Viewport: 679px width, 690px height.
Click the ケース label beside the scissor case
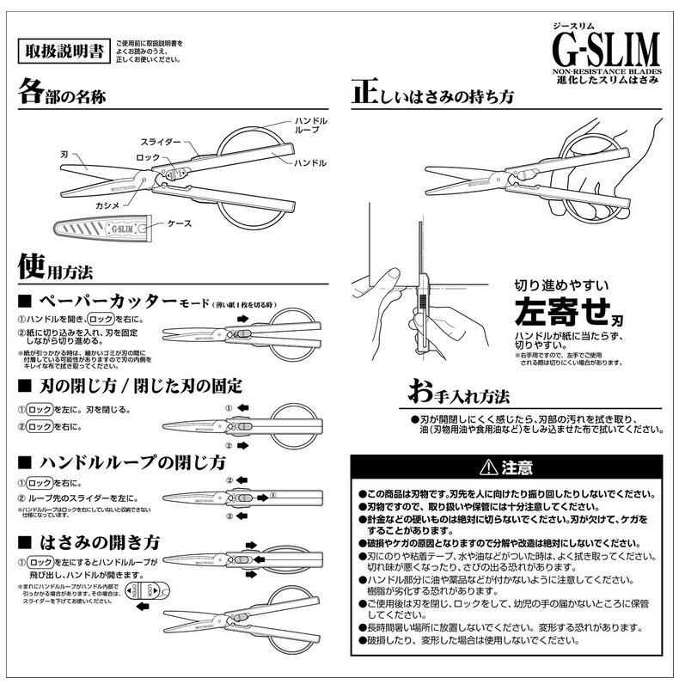[x=180, y=223]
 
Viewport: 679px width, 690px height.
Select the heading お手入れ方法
[x=459, y=396]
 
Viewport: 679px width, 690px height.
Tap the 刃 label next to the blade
[x=65, y=153]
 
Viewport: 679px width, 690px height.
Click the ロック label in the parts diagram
[x=147, y=158]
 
